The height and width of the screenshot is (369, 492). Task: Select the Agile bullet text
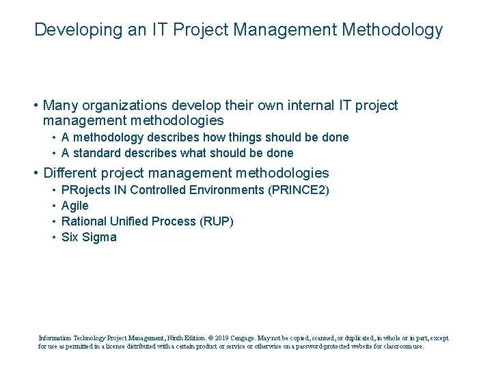[75, 205]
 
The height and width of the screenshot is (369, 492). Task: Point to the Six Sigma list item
[89, 237]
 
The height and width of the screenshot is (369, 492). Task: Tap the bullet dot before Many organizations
[35, 106]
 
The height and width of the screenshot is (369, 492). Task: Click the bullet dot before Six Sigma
[53, 238]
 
